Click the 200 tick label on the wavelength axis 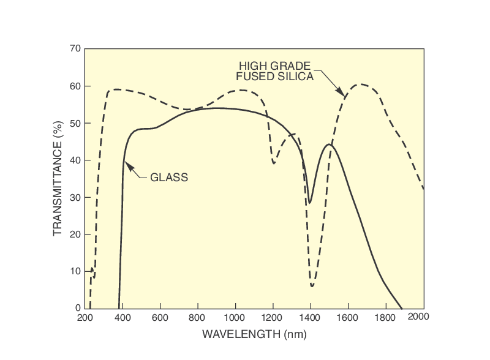pos(85,317)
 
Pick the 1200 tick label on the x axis pos(273,317)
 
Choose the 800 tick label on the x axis pos(197,317)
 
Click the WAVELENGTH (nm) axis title pos(254,334)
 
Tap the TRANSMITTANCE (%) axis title pos(58,179)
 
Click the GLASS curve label pos(168,178)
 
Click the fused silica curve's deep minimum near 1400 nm pos(312,286)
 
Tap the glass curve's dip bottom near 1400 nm pos(310,203)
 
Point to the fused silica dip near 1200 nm pos(274,163)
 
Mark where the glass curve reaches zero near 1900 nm pos(402,308)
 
